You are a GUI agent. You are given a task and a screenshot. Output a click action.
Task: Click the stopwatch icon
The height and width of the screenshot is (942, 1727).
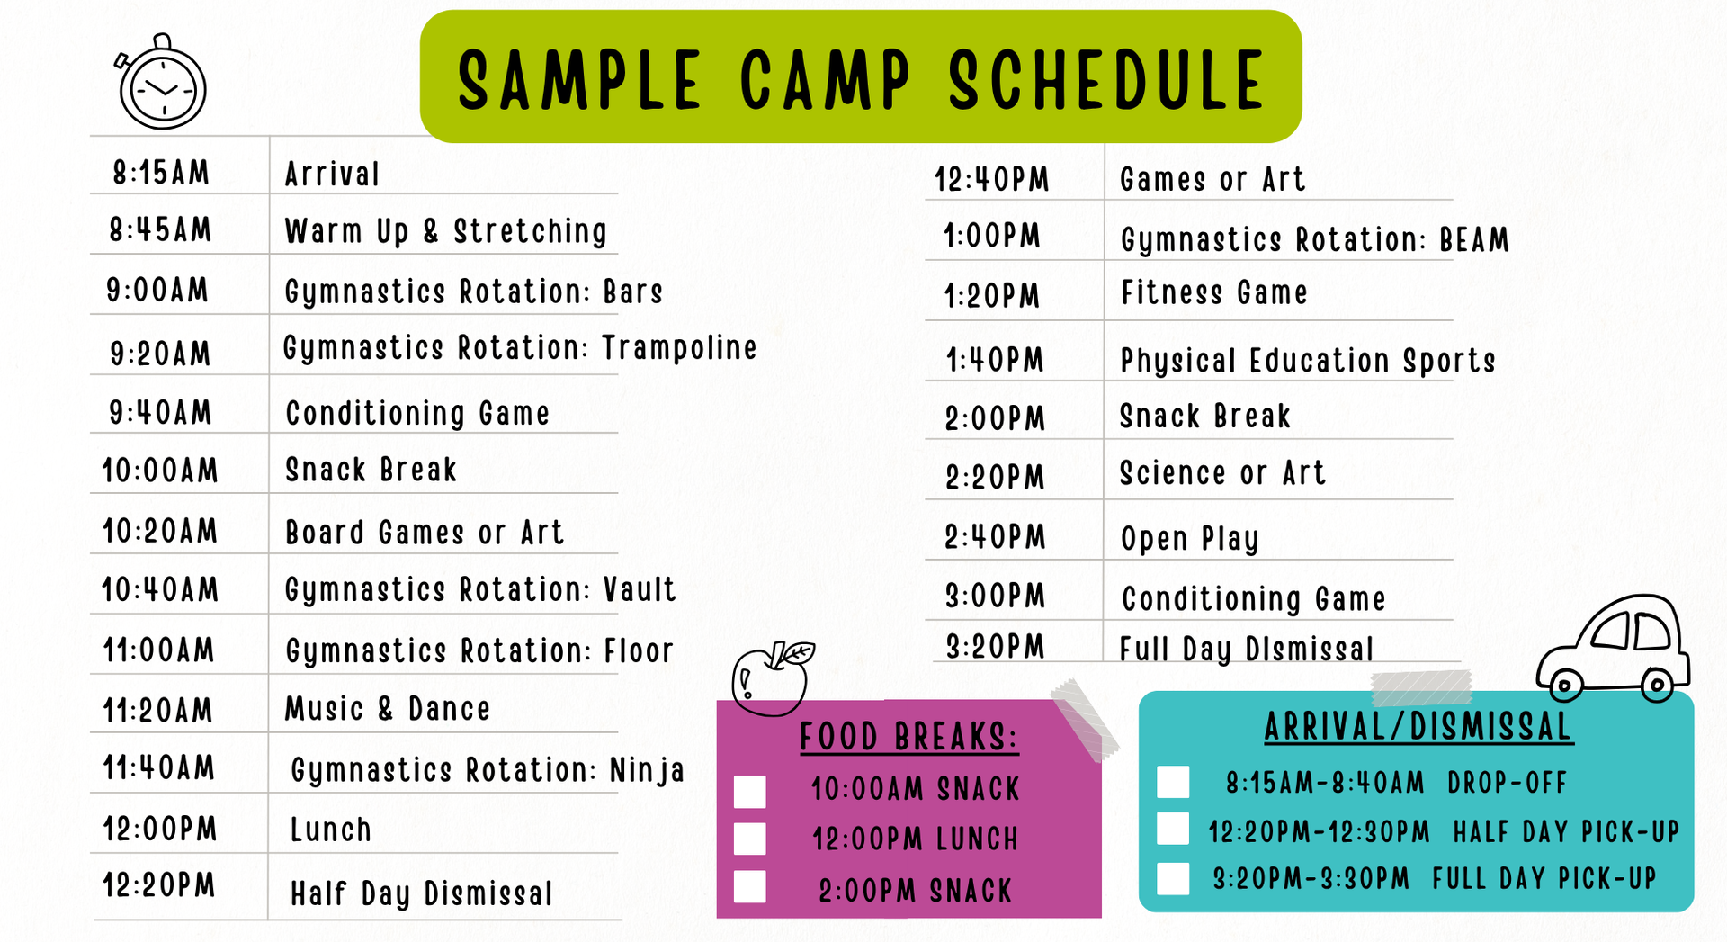coord(162,84)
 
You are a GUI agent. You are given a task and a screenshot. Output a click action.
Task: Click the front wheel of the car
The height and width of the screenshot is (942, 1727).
coord(1564,686)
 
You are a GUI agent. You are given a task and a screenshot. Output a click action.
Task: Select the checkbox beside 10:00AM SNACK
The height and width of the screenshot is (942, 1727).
coord(750,792)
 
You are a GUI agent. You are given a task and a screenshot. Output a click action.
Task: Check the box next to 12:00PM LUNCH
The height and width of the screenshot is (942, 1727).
coord(750,839)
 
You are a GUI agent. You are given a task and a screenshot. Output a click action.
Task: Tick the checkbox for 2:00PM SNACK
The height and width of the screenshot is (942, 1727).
coord(750,886)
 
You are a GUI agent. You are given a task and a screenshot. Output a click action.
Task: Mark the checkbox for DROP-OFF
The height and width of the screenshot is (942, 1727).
coord(1173,782)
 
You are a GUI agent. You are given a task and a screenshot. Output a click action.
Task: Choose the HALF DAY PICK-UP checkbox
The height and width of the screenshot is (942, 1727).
coord(1173,829)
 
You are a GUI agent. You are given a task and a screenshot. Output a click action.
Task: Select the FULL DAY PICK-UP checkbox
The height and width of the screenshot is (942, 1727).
coord(1173,878)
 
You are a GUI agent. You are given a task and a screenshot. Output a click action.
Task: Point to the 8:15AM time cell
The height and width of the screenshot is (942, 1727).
coord(161,172)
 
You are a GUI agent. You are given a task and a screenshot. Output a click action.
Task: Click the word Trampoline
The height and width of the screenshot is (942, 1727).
coord(679,348)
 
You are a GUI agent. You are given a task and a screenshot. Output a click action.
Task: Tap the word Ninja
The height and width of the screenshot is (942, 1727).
coord(647,771)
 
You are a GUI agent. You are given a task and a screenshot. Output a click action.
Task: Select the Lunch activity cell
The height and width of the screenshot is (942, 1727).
coord(330,830)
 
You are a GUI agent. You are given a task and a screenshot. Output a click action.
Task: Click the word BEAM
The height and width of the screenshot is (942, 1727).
coord(1474,239)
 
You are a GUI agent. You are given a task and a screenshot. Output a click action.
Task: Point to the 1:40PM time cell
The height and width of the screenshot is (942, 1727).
coord(995,360)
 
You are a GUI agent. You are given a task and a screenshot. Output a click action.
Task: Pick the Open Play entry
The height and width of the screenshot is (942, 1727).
coord(1189,539)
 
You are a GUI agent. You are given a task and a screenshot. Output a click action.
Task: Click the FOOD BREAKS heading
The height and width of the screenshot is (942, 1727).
coord(908,737)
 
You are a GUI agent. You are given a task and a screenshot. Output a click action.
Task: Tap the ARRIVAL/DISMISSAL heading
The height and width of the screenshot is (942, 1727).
coord(1418,727)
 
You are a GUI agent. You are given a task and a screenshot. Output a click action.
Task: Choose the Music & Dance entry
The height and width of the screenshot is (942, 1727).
coord(388,709)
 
